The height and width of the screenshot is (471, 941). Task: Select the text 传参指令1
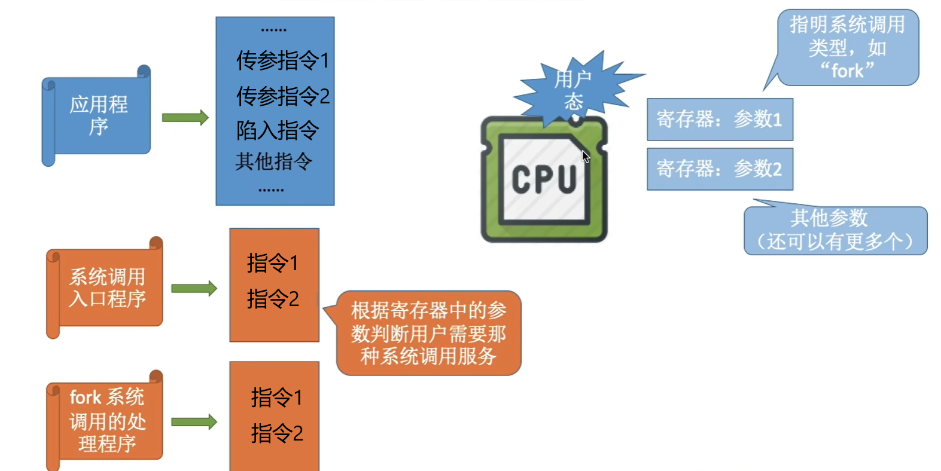282,60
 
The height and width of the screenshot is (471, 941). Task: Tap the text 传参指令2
282,96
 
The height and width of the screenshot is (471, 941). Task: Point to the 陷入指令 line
277,130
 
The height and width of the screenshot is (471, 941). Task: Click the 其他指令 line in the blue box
273,161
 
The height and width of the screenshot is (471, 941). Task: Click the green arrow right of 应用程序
185,118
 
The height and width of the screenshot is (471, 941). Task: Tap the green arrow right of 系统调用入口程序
194,289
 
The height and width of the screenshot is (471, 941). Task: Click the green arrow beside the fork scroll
194,422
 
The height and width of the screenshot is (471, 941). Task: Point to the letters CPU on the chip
544,179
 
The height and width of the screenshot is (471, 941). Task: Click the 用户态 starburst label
573,90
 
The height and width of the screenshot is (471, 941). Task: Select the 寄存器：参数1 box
720,120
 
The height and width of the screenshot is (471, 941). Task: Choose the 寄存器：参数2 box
720,169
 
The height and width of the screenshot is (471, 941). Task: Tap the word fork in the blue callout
847,71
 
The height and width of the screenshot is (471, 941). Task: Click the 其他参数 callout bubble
835,230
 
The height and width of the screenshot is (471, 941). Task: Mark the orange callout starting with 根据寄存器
428,333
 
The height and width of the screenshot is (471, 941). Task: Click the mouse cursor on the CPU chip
585,156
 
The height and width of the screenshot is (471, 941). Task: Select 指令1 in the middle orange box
273,263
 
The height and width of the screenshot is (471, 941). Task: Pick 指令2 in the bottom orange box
277,433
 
